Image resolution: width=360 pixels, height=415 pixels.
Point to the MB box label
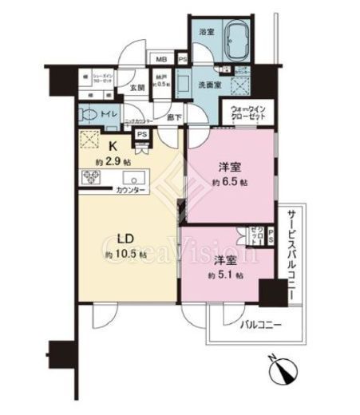click(162, 58)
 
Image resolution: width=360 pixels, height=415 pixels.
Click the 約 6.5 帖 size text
click(232, 182)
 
